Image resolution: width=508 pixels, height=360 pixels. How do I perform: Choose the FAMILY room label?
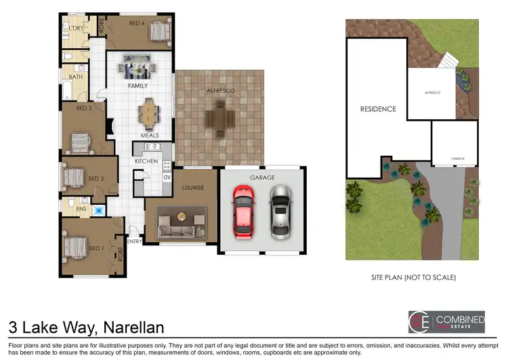[138, 87]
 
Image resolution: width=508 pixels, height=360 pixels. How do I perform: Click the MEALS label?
[150, 136]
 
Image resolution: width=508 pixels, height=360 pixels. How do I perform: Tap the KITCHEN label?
[146, 161]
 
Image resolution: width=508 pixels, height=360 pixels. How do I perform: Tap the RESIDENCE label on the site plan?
[378, 108]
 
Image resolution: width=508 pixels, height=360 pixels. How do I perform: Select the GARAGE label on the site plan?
[458, 159]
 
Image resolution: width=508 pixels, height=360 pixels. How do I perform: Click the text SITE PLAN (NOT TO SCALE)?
[412, 277]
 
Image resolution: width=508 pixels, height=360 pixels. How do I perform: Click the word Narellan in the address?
[133, 327]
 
